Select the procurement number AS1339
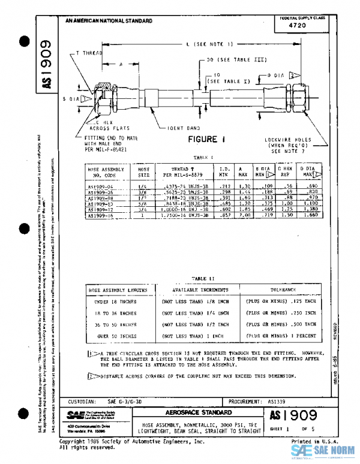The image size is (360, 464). click(280, 401)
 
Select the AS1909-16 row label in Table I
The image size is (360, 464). click(102, 215)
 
